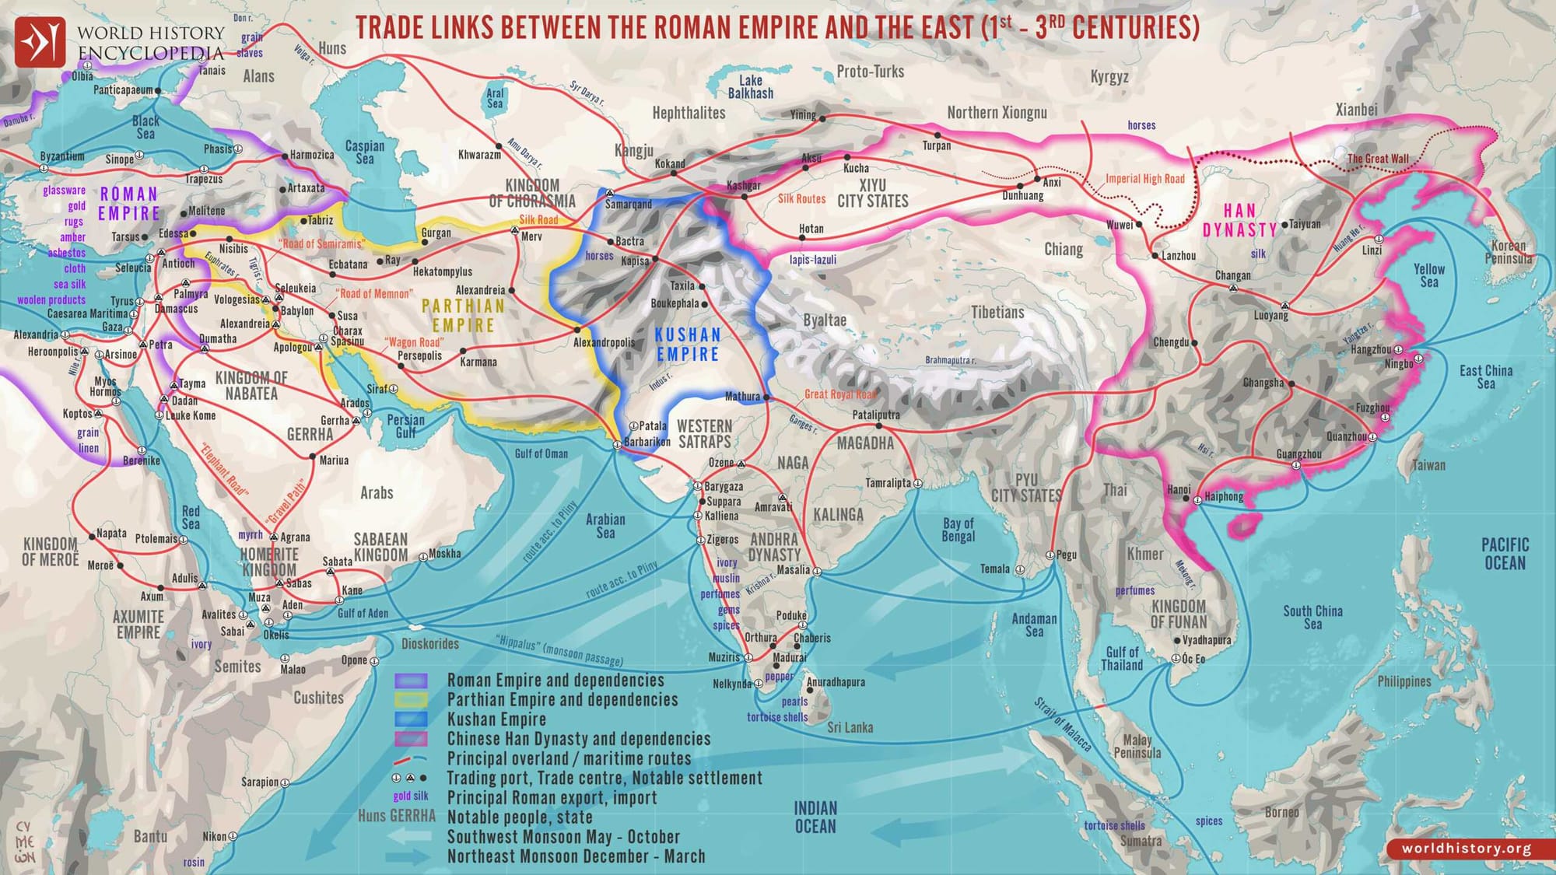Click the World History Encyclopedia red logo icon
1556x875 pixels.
click(x=40, y=41)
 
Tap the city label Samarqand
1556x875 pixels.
click(x=629, y=204)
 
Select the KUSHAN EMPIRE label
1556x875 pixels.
click(x=688, y=345)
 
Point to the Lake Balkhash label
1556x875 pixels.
click(x=751, y=86)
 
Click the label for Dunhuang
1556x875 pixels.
click(x=1022, y=196)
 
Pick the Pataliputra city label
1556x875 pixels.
click(x=876, y=415)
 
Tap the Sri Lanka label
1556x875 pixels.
click(x=850, y=727)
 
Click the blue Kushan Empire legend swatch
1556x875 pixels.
click(x=411, y=719)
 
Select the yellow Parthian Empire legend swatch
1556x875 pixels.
click(x=411, y=700)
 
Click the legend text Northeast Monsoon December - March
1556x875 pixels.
click(x=576, y=856)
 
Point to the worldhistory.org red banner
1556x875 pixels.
click(x=1467, y=849)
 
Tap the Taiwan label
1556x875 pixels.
click(x=1428, y=465)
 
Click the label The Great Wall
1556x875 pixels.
click(x=1378, y=159)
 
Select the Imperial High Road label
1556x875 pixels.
click(x=1145, y=179)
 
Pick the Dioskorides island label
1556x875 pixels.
click(x=430, y=644)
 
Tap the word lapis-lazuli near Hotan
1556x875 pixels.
click(x=813, y=260)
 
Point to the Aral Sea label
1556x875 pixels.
click(x=495, y=98)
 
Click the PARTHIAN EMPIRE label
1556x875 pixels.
click(x=464, y=316)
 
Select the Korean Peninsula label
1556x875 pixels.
click(x=1508, y=252)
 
